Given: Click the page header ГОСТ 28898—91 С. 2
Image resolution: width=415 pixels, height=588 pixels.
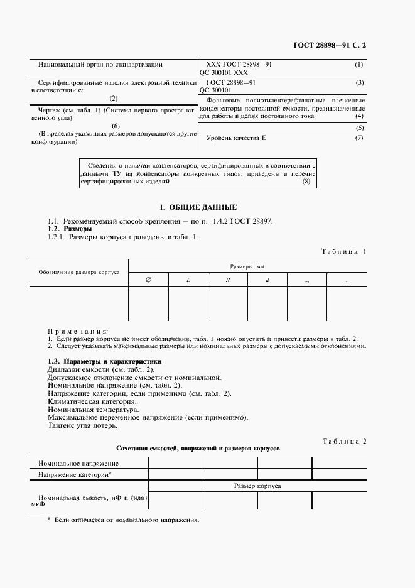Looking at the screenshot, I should pyautogui.click(x=329, y=45).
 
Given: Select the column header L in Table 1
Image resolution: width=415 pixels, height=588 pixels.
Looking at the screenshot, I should pyautogui.click(x=188, y=280).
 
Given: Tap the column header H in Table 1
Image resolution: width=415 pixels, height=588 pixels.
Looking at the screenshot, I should pyautogui.click(x=227, y=280).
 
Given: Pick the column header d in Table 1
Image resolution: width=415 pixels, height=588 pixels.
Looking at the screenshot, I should pyautogui.click(x=267, y=280).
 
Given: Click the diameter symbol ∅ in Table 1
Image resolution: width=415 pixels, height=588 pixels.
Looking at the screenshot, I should pyautogui.click(x=148, y=280).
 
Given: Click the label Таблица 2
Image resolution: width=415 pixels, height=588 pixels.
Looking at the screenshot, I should pyautogui.click(x=343, y=441).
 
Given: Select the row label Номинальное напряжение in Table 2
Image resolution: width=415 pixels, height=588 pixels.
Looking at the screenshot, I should pyautogui.click(x=78, y=463).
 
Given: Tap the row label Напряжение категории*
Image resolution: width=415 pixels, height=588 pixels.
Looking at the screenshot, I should pyautogui.click(x=75, y=474).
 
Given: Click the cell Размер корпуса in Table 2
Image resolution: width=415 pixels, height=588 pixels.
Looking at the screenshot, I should pyautogui.click(x=257, y=486).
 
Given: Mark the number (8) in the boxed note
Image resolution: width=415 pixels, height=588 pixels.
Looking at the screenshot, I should pyautogui.click(x=306, y=182).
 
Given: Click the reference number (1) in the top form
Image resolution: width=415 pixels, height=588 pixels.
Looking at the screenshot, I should pyautogui.click(x=359, y=65).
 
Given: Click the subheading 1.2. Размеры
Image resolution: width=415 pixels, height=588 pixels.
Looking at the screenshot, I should pyautogui.click(x=65, y=229).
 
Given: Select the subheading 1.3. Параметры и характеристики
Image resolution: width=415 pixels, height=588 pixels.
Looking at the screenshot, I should pyautogui.click(x=96, y=361).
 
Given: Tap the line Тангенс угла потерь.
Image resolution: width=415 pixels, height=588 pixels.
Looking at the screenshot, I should pyautogui.click(x=82, y=426).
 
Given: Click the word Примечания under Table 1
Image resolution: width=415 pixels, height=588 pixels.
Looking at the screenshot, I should pyautogui.click(x=78, y=330).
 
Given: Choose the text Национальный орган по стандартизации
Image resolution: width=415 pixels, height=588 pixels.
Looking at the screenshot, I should pyautogui.click(x=100, y=65).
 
